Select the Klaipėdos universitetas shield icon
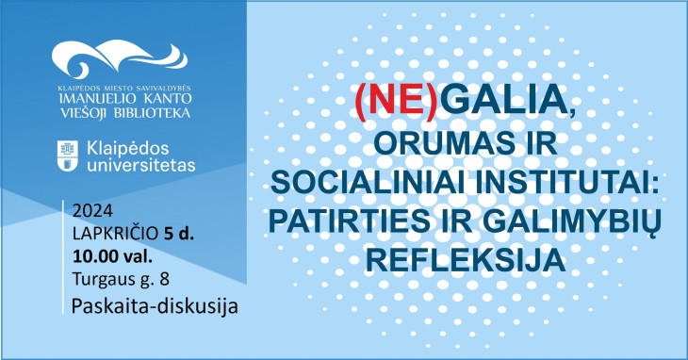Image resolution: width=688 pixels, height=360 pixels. click(x=68, y=155)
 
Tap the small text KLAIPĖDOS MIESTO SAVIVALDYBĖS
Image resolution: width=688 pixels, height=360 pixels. click(x=123, y=87)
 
